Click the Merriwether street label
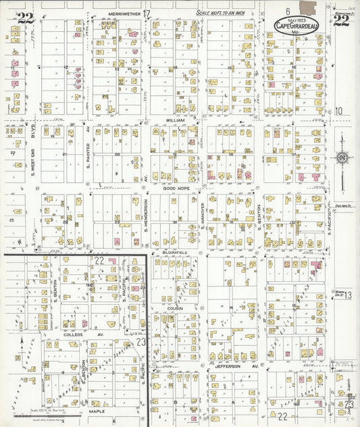tap(124, 13)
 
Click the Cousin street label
tap(176, 307)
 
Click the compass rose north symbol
tap(341, 158)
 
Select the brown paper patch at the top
tap(307, 8)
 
